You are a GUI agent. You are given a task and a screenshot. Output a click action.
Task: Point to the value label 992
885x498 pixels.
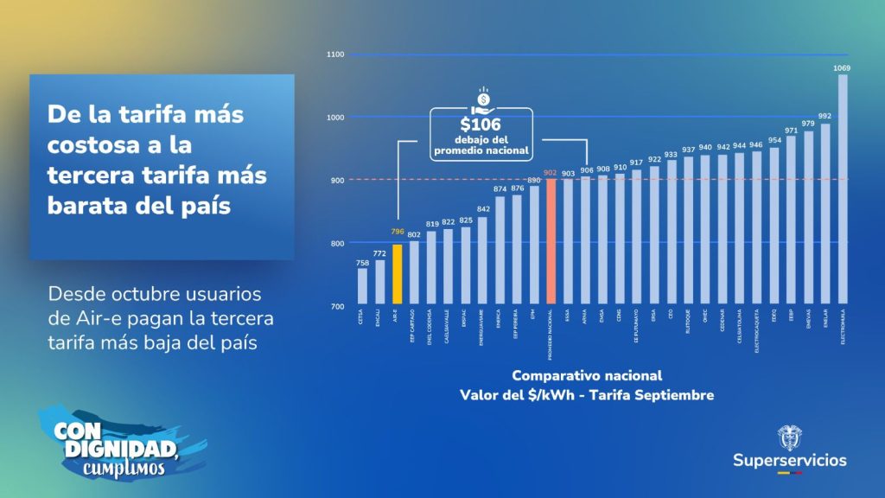click(x=825, y=116)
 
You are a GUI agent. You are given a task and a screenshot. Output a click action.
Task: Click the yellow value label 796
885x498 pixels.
click(x=398, y=232)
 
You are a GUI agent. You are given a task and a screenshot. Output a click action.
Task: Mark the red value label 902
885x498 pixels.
click(x=551, y=171)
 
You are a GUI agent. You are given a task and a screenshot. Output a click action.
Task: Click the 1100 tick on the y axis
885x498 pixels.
click(x=335, y=54)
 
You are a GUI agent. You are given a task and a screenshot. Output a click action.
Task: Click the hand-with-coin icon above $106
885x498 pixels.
click(x=481, y=97)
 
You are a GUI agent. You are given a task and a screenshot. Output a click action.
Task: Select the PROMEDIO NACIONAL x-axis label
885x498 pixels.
click(x=551, y=335)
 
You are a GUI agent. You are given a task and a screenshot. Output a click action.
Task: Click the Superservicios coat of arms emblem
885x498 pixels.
click(x=790, y=437)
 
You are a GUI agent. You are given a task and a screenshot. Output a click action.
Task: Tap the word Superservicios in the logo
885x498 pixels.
click(x=790, y=460)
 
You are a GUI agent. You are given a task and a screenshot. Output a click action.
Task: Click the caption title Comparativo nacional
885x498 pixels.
click(x=587, y=376)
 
